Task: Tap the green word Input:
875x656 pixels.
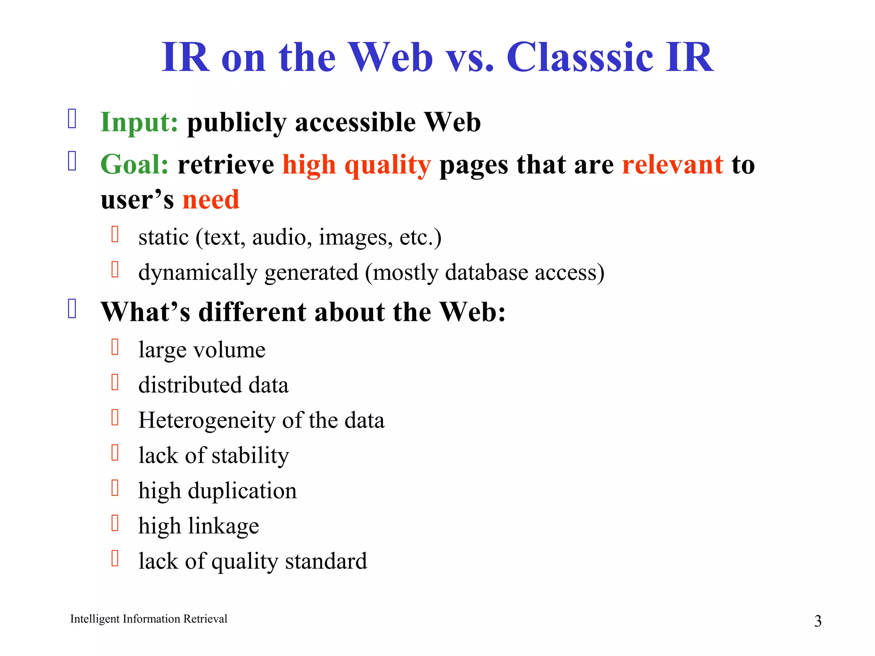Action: (139, 123)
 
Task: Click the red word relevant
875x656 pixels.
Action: (672, 165)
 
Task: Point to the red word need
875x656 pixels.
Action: (211, 200)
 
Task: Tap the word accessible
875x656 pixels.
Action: (355, 123)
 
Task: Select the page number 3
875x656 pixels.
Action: (817, 621)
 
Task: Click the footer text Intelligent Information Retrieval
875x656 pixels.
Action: (149, 619)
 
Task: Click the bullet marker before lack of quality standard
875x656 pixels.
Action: (115, 558)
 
